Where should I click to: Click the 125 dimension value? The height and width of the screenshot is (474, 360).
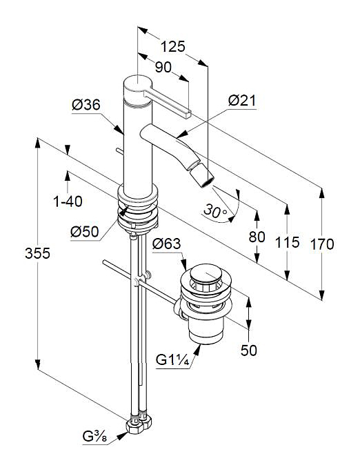pos(172,46)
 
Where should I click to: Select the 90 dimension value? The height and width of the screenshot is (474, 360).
pos(163,67)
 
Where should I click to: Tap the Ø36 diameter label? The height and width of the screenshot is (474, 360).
pos(86,105)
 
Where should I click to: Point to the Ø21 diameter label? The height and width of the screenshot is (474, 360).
pos(242,101)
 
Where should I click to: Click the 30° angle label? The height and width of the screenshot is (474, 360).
pos(215,210)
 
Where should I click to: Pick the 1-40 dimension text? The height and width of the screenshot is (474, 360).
pos(68,201)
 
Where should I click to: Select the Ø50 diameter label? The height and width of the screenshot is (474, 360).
pos(85,232)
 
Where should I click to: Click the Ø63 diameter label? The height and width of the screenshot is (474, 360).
pos(166,244)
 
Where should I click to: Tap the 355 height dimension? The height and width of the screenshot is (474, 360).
pos(37,253)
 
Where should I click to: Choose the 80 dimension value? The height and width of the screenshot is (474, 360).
pos(257,237)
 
